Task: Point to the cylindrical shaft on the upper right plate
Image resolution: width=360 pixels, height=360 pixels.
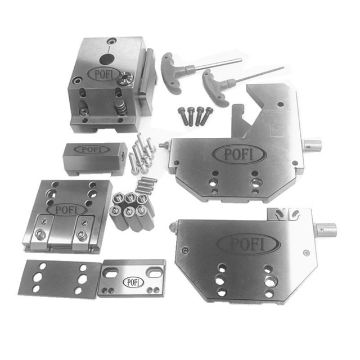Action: (x=312, y=146)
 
